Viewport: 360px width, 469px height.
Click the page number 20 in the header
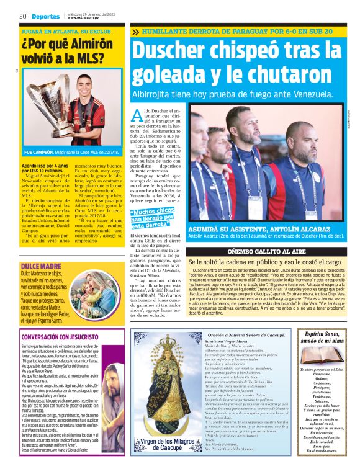[23, 16]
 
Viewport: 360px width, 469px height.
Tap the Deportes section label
[46, 16]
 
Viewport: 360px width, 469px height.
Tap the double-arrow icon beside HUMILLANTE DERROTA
[136, 31]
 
